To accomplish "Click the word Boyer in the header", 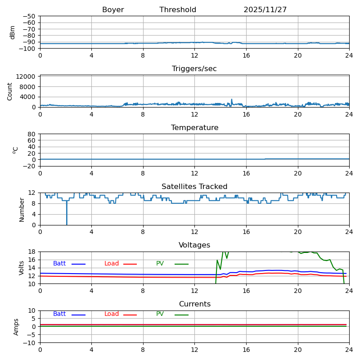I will click(113, 10).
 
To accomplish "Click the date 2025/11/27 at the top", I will click(265, 10).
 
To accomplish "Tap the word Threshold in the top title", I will click(178, 10).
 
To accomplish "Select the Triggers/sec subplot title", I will click(194, 69).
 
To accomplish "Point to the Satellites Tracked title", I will click(194, 187).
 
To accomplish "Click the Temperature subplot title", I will click(194, 128).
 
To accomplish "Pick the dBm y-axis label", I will click(13, 32).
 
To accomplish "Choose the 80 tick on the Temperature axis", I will click(31, 134).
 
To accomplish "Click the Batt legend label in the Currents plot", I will click(59, 314).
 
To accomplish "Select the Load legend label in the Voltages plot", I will click(112, 264).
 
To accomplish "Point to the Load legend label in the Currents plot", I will click(112, 314).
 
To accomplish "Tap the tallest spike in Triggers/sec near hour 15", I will click(232, 99).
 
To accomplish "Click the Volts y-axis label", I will click(22, 268).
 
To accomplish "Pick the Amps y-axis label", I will click(17, 327).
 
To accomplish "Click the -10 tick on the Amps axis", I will click(30, 343).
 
